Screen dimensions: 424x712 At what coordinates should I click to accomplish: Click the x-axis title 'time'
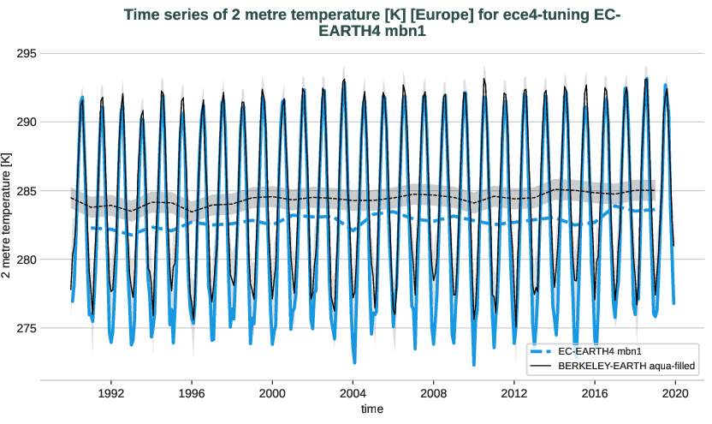(x=372, y=409)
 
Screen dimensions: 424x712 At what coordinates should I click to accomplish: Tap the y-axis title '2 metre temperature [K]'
(x=8, y=216)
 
